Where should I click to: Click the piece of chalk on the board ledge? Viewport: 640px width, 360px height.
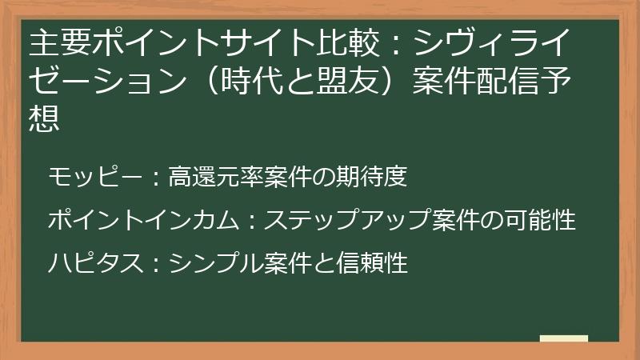point(563,339)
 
